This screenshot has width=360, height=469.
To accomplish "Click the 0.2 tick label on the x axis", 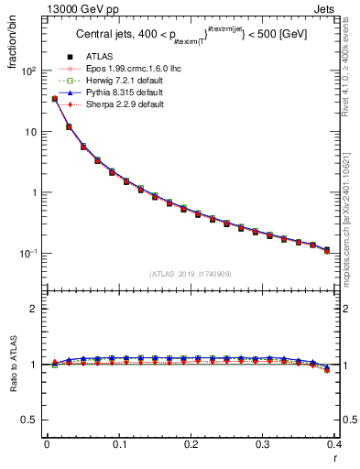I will coord(191,444).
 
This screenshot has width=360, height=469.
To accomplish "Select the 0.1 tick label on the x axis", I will coord(118,444).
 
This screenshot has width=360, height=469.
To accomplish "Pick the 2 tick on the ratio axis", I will coord(36,309).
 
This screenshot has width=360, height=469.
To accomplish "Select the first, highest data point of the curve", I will coord(54,99).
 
